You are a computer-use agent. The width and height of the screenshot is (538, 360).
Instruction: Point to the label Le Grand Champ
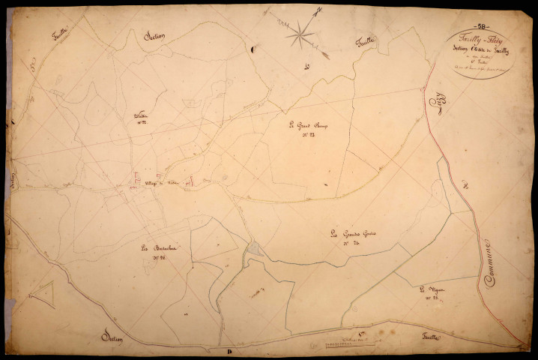pos(303,125)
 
